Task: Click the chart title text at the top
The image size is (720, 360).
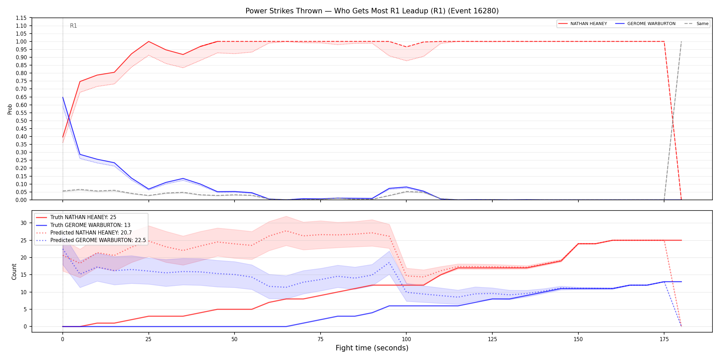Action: pos(372,11)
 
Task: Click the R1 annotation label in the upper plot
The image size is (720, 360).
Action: pos(73,26)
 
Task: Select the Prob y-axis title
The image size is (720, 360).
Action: pos(10,109)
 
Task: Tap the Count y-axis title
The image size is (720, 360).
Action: pos(14,272)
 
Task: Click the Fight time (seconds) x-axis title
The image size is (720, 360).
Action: pos(372,348)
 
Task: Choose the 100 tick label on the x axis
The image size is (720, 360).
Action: pos(406,339)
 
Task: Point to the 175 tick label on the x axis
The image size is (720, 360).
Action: pos(664,339)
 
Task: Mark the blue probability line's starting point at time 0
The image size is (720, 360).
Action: pos(63,97)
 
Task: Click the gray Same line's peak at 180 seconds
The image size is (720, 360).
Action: pos(681,41)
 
